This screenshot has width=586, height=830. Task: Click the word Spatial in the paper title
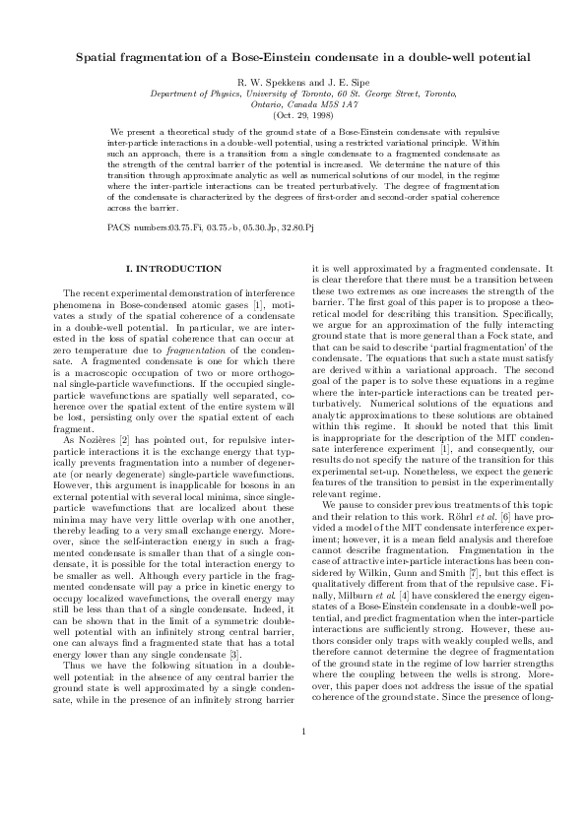[98, 59]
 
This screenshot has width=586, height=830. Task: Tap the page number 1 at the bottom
[293, 786]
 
